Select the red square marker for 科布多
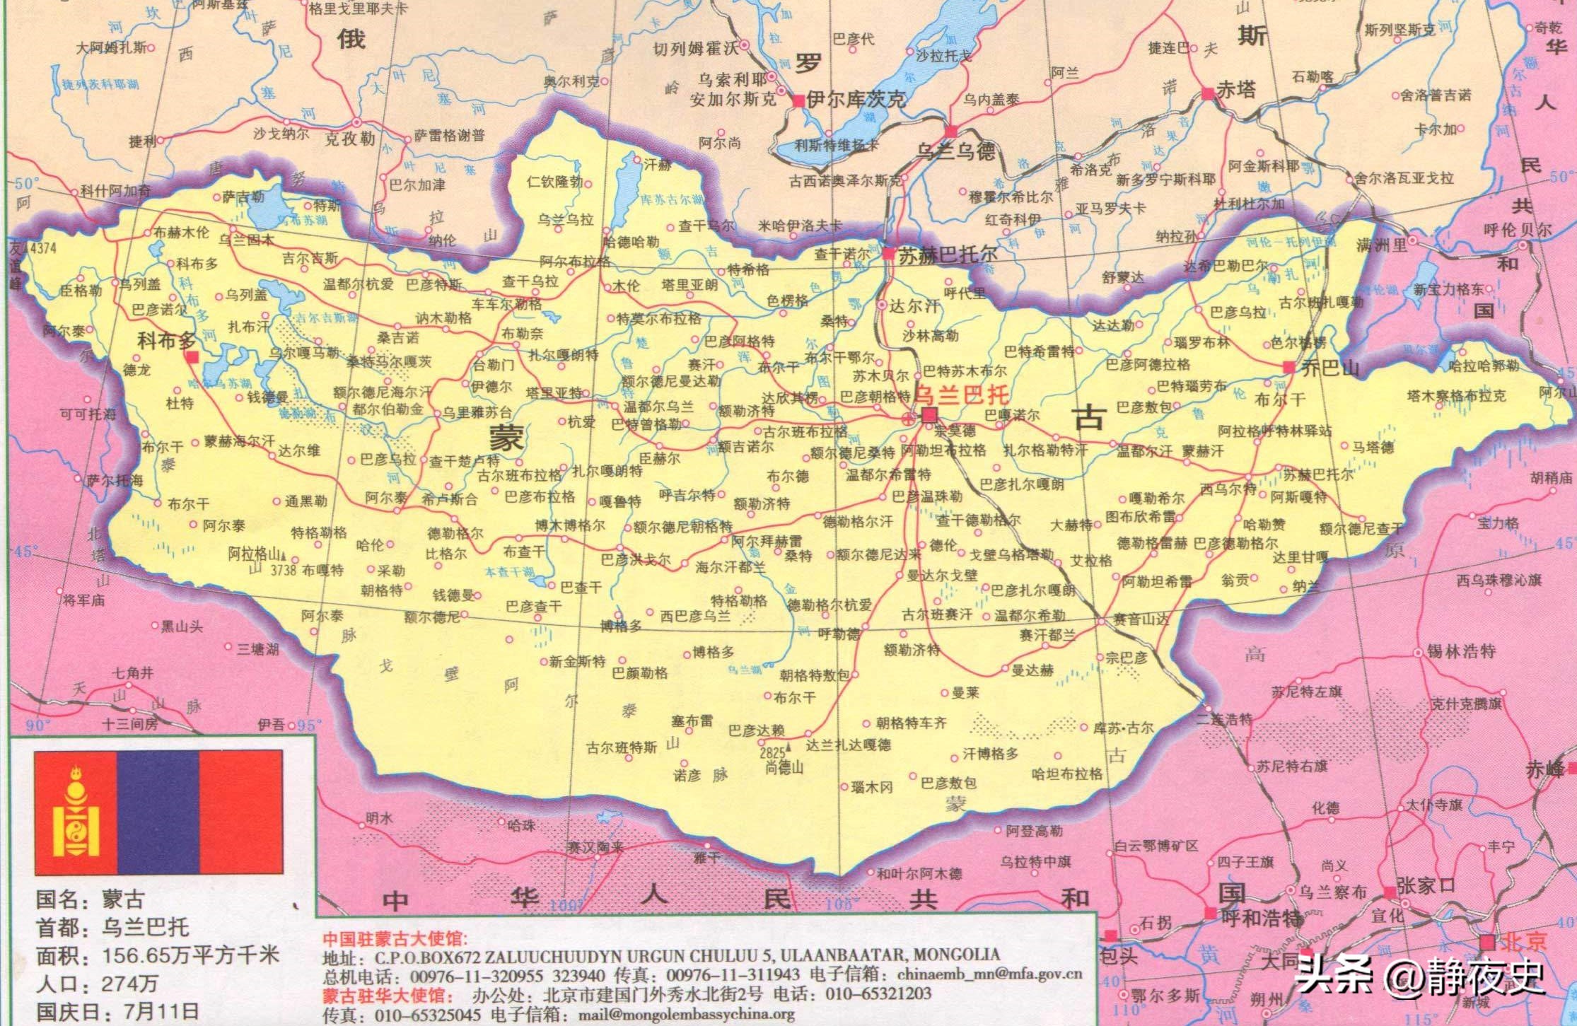(192, 357)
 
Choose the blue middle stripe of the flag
(158, 812)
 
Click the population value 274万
(130, 984)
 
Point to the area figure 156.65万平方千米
(191, 955)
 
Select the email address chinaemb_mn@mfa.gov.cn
(989, 974)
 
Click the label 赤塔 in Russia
(1236, 90)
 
